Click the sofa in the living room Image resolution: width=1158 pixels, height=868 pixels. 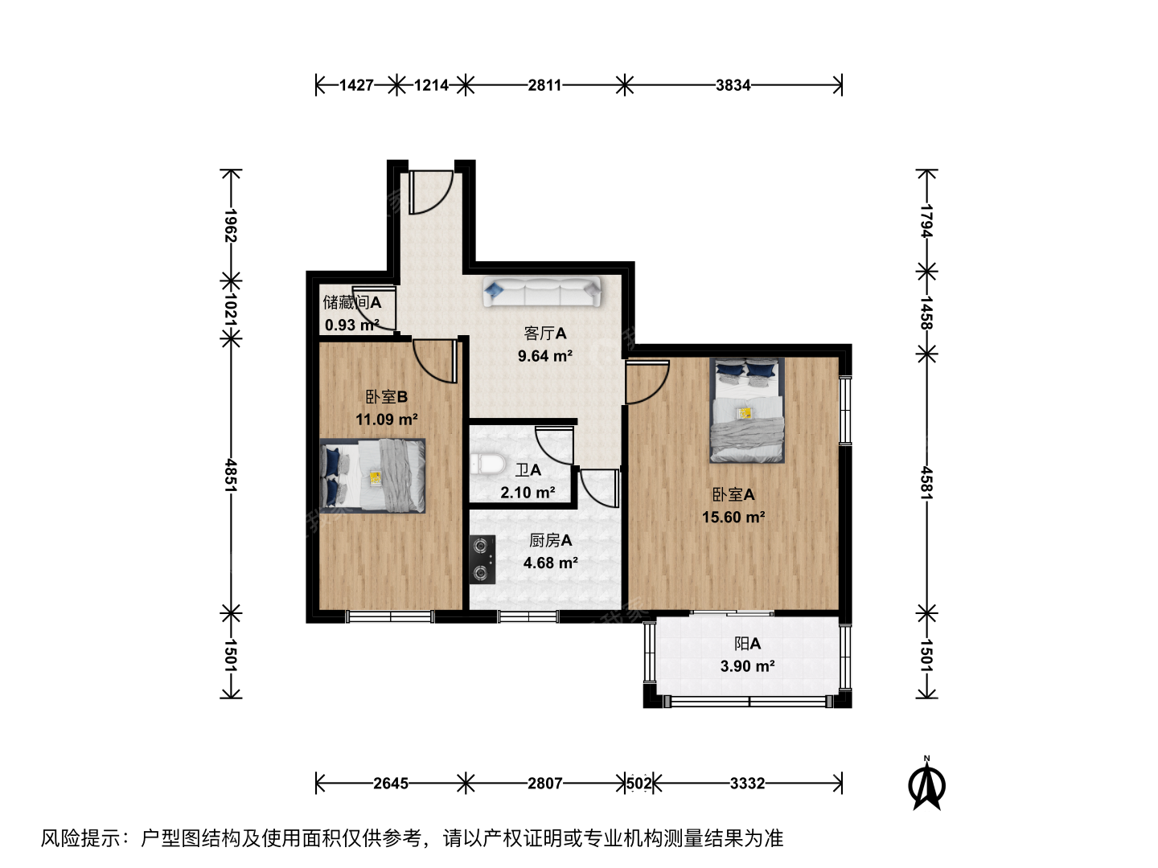pyautogui.click(x=542, y=292)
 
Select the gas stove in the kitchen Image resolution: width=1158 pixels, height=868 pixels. pyautogui.click(x=482, y=559)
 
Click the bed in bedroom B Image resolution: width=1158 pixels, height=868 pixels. pyautogui.click(x=372, y=475)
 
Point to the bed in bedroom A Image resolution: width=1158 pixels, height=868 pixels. pyautogui.click(x=746, y=410)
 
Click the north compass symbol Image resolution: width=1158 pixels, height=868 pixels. pyautogui.click(x=926, y=784)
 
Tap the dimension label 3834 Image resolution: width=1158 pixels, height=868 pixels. pyautogui.click(x=733, y=85)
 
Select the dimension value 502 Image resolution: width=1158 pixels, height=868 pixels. pyautogui.click(x=639, y=783)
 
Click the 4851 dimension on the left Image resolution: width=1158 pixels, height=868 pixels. pyautogui.click(x=231, y=475)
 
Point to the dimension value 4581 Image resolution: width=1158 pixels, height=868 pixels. pyautogui.click(x=926, y=483)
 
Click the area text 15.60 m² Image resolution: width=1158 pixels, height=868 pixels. pyautogui.click(x=733, y=517)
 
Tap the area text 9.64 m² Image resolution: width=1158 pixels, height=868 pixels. pyautogui.click(x=545, y=356)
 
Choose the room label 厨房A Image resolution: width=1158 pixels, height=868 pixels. pyautogui.click(x=550, y=540)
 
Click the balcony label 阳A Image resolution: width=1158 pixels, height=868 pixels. pyautogui.click(x=748, y=644)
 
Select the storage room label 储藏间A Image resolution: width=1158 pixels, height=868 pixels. pyautogui.click(x=352, y=302)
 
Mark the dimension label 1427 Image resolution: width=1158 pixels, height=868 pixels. pyautogui.click(x=356, y=85)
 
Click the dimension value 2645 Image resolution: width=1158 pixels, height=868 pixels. pyautogui.click(x=390, y=783)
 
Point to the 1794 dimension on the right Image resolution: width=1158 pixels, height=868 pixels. pyautogui.click(x=926, y=221)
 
